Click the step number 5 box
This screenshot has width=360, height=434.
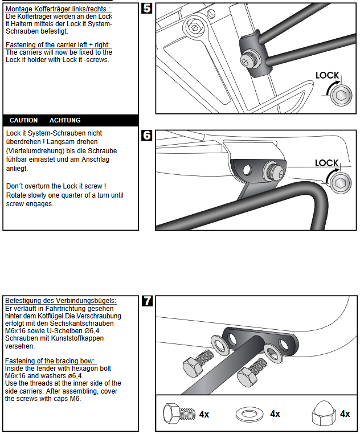(x=147, y=9)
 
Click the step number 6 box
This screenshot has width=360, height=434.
(x=147, y=136)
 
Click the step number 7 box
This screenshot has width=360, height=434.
(x=147, y=301)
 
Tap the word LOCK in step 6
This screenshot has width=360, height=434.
(x=326, y=163)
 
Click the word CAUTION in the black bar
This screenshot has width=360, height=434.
(x=23, y=120)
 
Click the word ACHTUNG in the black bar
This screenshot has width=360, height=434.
(x=65, y=120)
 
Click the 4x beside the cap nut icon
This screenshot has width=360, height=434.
(x=345, y=414)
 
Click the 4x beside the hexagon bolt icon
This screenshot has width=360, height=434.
(x=204, y=414)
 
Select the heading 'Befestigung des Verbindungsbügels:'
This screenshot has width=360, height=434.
(x=60, y=300)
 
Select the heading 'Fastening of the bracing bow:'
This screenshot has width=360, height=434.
(x=50, y=361)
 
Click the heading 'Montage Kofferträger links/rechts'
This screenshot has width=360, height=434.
(x=57, y=9)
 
